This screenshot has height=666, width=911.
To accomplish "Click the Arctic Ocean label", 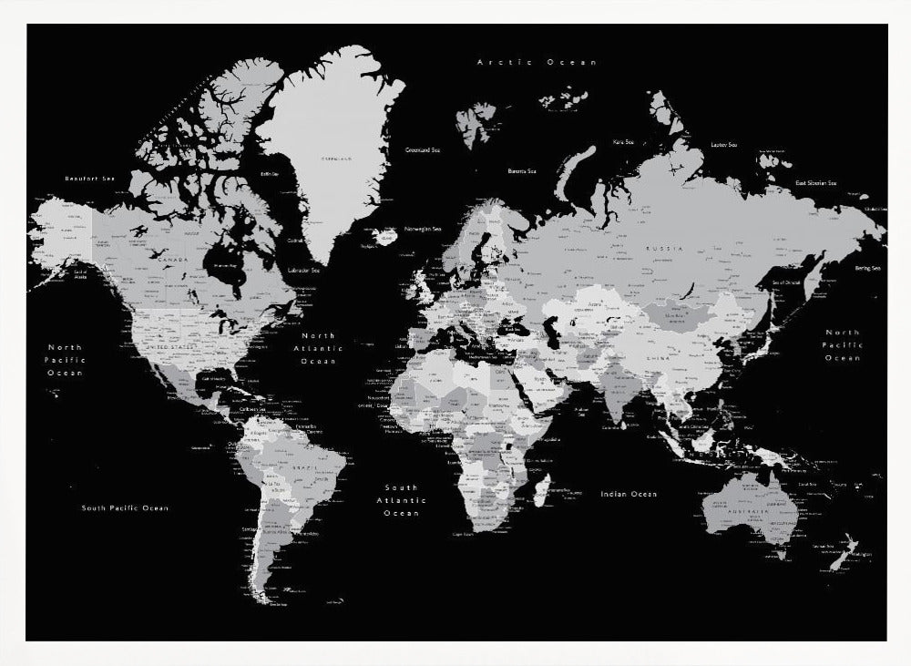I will pyautogui.click(x=537, y=62).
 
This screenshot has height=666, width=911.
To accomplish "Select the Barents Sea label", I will pyautogui.click(x=522, y=170).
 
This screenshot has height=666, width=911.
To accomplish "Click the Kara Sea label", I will pyautogui.click(x=623, y=142).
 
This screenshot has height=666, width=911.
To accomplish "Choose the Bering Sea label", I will pyautogui.click(x=867, y=268).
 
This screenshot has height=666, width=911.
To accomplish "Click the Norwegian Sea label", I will pyautogui.click(x=423, y=229).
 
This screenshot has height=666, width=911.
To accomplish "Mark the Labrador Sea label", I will pyautogui.click(x=303, y=270).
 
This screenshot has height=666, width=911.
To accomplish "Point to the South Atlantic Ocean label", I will pyautogui.click(x=401, y=499).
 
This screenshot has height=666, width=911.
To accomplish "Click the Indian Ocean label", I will pyautogui.click(x=628, y=494).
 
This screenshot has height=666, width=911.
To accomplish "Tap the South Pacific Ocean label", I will pyautogui.click(x=125, y=507).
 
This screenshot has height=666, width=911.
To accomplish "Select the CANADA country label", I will pyautogui.click(x=172, y=260).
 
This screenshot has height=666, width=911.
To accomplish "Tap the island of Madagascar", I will pyautogui.click(x=541, y=490).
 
